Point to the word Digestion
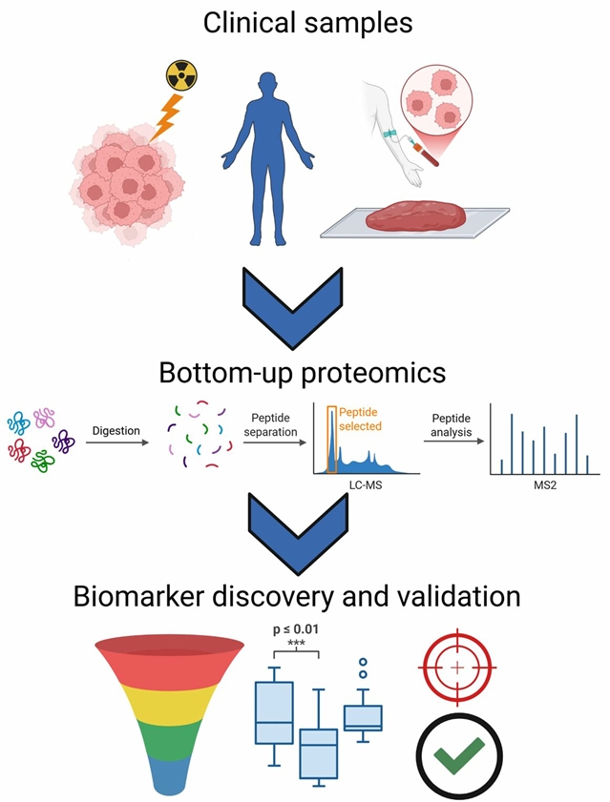click(116, 431)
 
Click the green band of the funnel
click(169, 736)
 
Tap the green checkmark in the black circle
click(458, 758)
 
